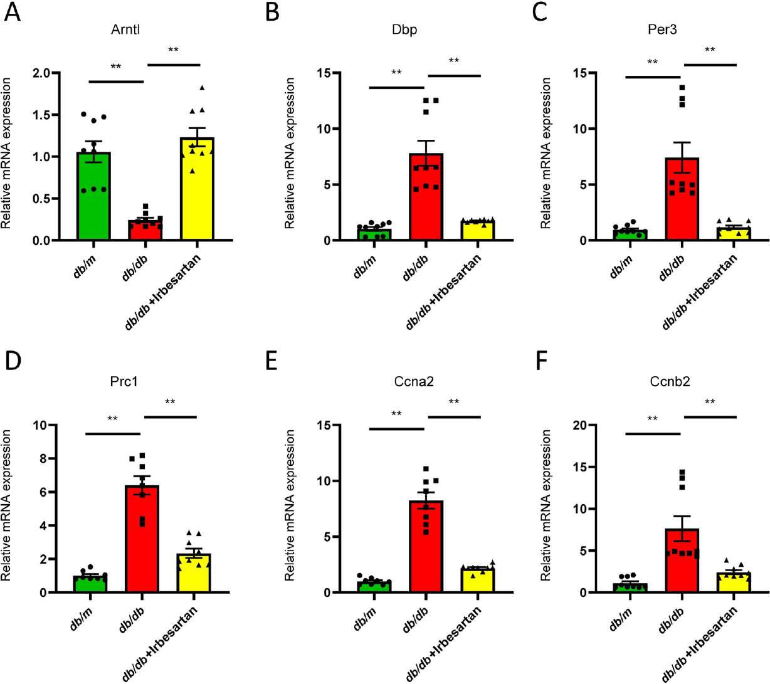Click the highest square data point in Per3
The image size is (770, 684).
click(x=683, y=88)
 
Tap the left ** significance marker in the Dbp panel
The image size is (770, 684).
click(x=396, y=73)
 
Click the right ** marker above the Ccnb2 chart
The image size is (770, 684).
click(x=710, y=403)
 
